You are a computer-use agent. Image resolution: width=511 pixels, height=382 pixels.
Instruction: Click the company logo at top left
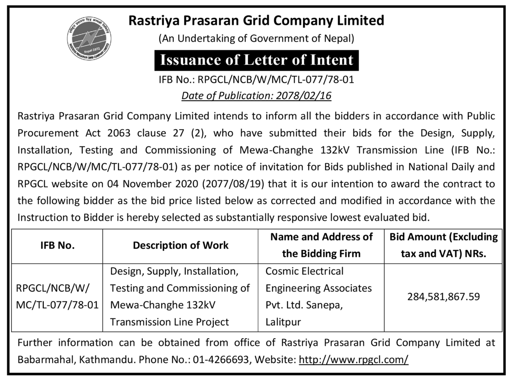click(x=89, y=38)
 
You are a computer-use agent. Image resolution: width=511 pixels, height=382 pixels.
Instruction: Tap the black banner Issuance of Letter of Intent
click(x=257, y=60)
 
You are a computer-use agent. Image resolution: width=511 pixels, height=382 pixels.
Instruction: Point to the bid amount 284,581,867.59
click(x=443, y=297)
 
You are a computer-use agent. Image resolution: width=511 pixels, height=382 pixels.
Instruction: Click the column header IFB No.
click(x=57, y=246)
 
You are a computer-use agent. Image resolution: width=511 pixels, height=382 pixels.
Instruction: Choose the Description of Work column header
click(x=181, y=246)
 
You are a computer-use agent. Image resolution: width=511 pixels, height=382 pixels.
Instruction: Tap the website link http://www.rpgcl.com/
click(x=354, y=360)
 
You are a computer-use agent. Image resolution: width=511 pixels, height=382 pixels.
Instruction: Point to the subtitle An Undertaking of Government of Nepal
click(x=256, y=39)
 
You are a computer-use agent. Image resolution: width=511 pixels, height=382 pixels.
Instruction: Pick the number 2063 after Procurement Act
click(x=119, y=133)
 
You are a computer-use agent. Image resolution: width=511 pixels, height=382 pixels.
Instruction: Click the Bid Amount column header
click(x=443, y=245)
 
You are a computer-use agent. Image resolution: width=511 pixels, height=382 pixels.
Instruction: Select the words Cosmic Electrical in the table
click(x=304, y=271)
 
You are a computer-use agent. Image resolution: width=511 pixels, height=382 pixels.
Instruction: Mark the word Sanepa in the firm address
click(x=324, y=305)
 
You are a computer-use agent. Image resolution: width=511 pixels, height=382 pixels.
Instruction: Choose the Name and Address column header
click(x=321, y=245)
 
